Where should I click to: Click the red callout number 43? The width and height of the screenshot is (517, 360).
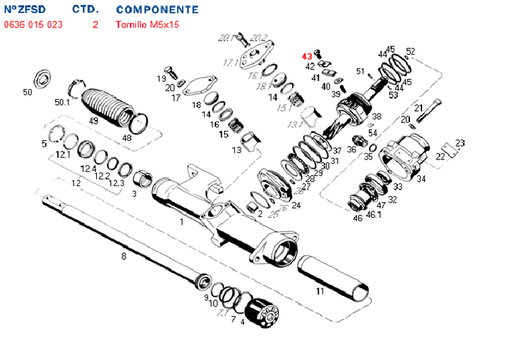[x=307, y=55]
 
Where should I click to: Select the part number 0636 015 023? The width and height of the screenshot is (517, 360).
[x=34, y=24]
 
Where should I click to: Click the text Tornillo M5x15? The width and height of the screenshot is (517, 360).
[x=148, y=24]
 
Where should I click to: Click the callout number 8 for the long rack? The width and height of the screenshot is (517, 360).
[x=124, y=256]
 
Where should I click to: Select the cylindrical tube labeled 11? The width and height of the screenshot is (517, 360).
[x=334, y=277]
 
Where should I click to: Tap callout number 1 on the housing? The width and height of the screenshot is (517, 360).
[x=182, y=222]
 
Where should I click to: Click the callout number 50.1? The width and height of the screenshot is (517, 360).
[x=62, y=103]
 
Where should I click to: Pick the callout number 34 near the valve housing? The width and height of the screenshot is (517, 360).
[x=421, y=178]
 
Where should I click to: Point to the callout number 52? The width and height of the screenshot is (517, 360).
[x=411, y=51]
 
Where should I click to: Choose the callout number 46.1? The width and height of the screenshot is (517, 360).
[x=374, y=214]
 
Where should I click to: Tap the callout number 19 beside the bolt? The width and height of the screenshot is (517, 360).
[x=162, y=78]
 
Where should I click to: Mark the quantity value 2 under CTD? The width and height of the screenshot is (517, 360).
[x=95, y=24]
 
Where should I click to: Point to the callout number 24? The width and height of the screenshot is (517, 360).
[x=297, y=206]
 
